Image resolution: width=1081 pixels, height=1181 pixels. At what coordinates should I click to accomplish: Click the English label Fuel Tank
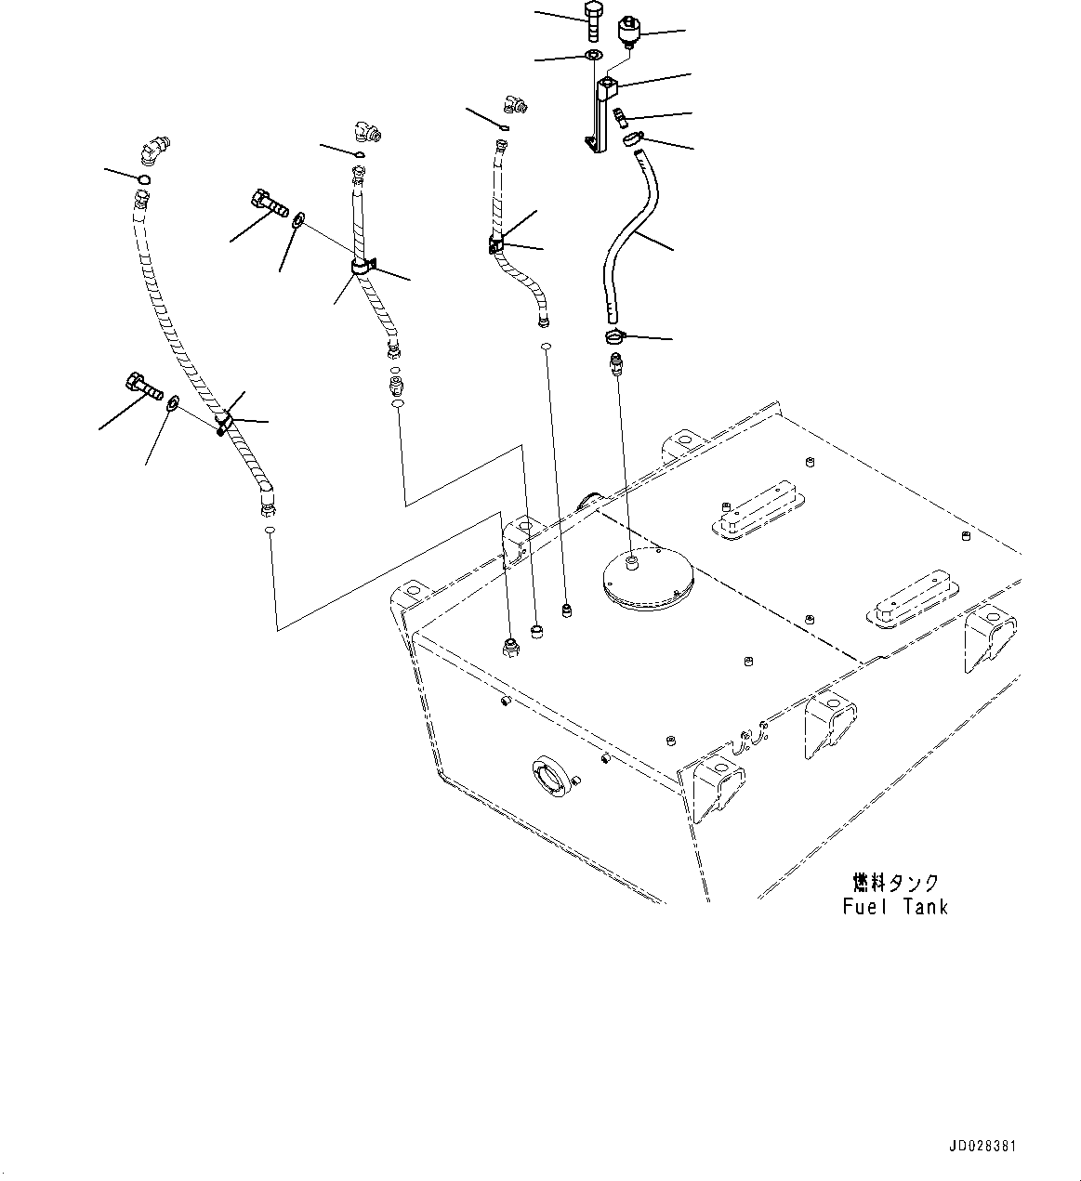895,906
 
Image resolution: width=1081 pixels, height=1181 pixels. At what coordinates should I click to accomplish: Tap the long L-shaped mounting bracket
600,116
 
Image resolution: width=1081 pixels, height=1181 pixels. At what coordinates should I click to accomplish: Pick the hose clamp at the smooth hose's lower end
615,336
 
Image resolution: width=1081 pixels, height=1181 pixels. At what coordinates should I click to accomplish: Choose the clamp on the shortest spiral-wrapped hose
497,245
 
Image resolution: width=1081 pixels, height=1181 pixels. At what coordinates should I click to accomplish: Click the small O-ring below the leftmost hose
269,530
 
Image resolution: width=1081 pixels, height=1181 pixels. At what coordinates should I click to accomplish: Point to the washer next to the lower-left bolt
174,405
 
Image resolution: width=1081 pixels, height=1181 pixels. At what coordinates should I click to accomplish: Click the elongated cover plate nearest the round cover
757,511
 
